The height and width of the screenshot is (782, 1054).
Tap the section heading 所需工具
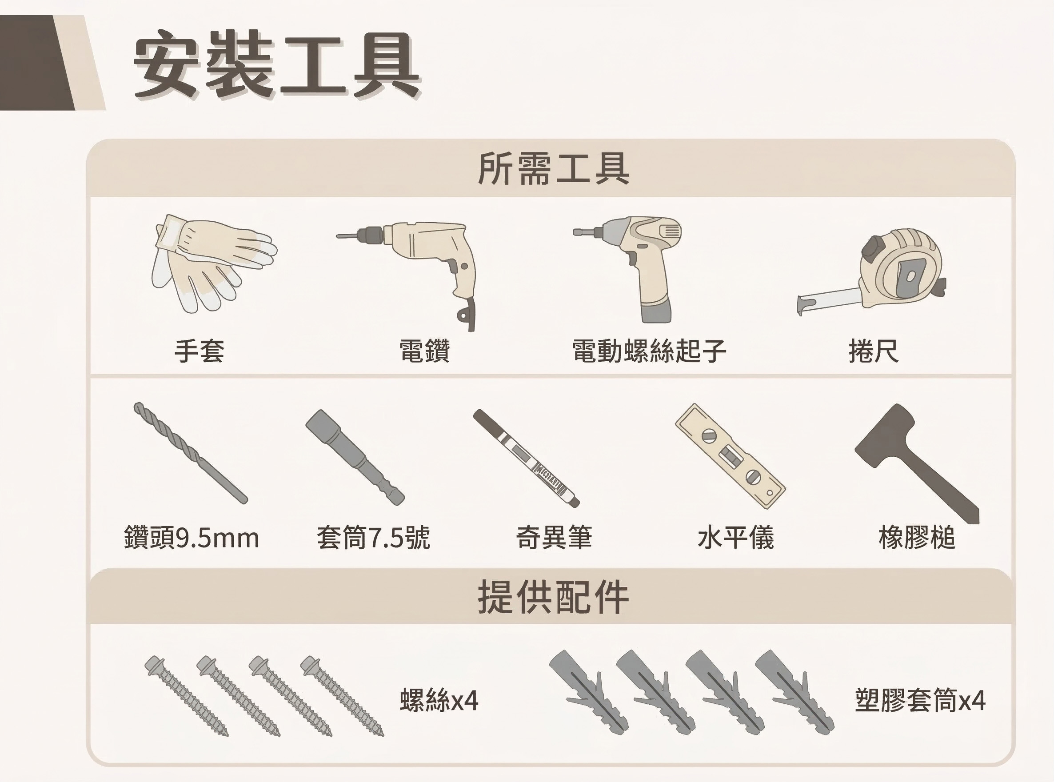(553, 168)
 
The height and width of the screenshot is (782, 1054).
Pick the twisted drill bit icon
(191, 453)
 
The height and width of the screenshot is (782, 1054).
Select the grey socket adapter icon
(355, 458)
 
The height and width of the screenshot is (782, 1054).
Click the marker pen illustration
(526, 458)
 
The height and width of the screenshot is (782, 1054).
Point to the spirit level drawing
(730, 456)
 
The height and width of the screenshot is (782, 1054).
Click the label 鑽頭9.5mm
(192, 538)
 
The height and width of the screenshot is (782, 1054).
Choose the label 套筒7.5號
(373, 538)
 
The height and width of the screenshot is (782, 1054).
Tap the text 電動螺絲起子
(649, 351)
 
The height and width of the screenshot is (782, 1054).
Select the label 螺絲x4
(439, 700)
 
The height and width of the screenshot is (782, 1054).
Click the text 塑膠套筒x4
(921, 700)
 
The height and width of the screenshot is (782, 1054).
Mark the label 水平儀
(736, 538)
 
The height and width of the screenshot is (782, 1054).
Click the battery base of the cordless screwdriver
(656, 311)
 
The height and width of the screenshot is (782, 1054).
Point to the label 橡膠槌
(917, 538)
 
